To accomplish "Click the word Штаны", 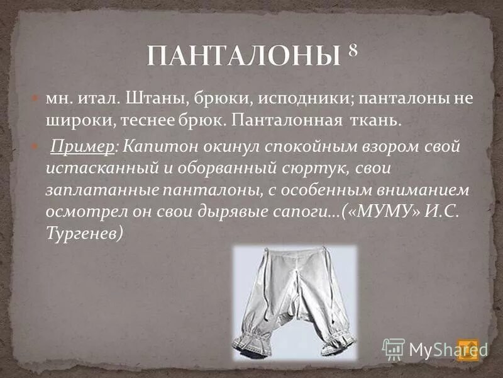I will pos(150,100).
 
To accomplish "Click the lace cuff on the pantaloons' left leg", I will pos(251,343).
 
